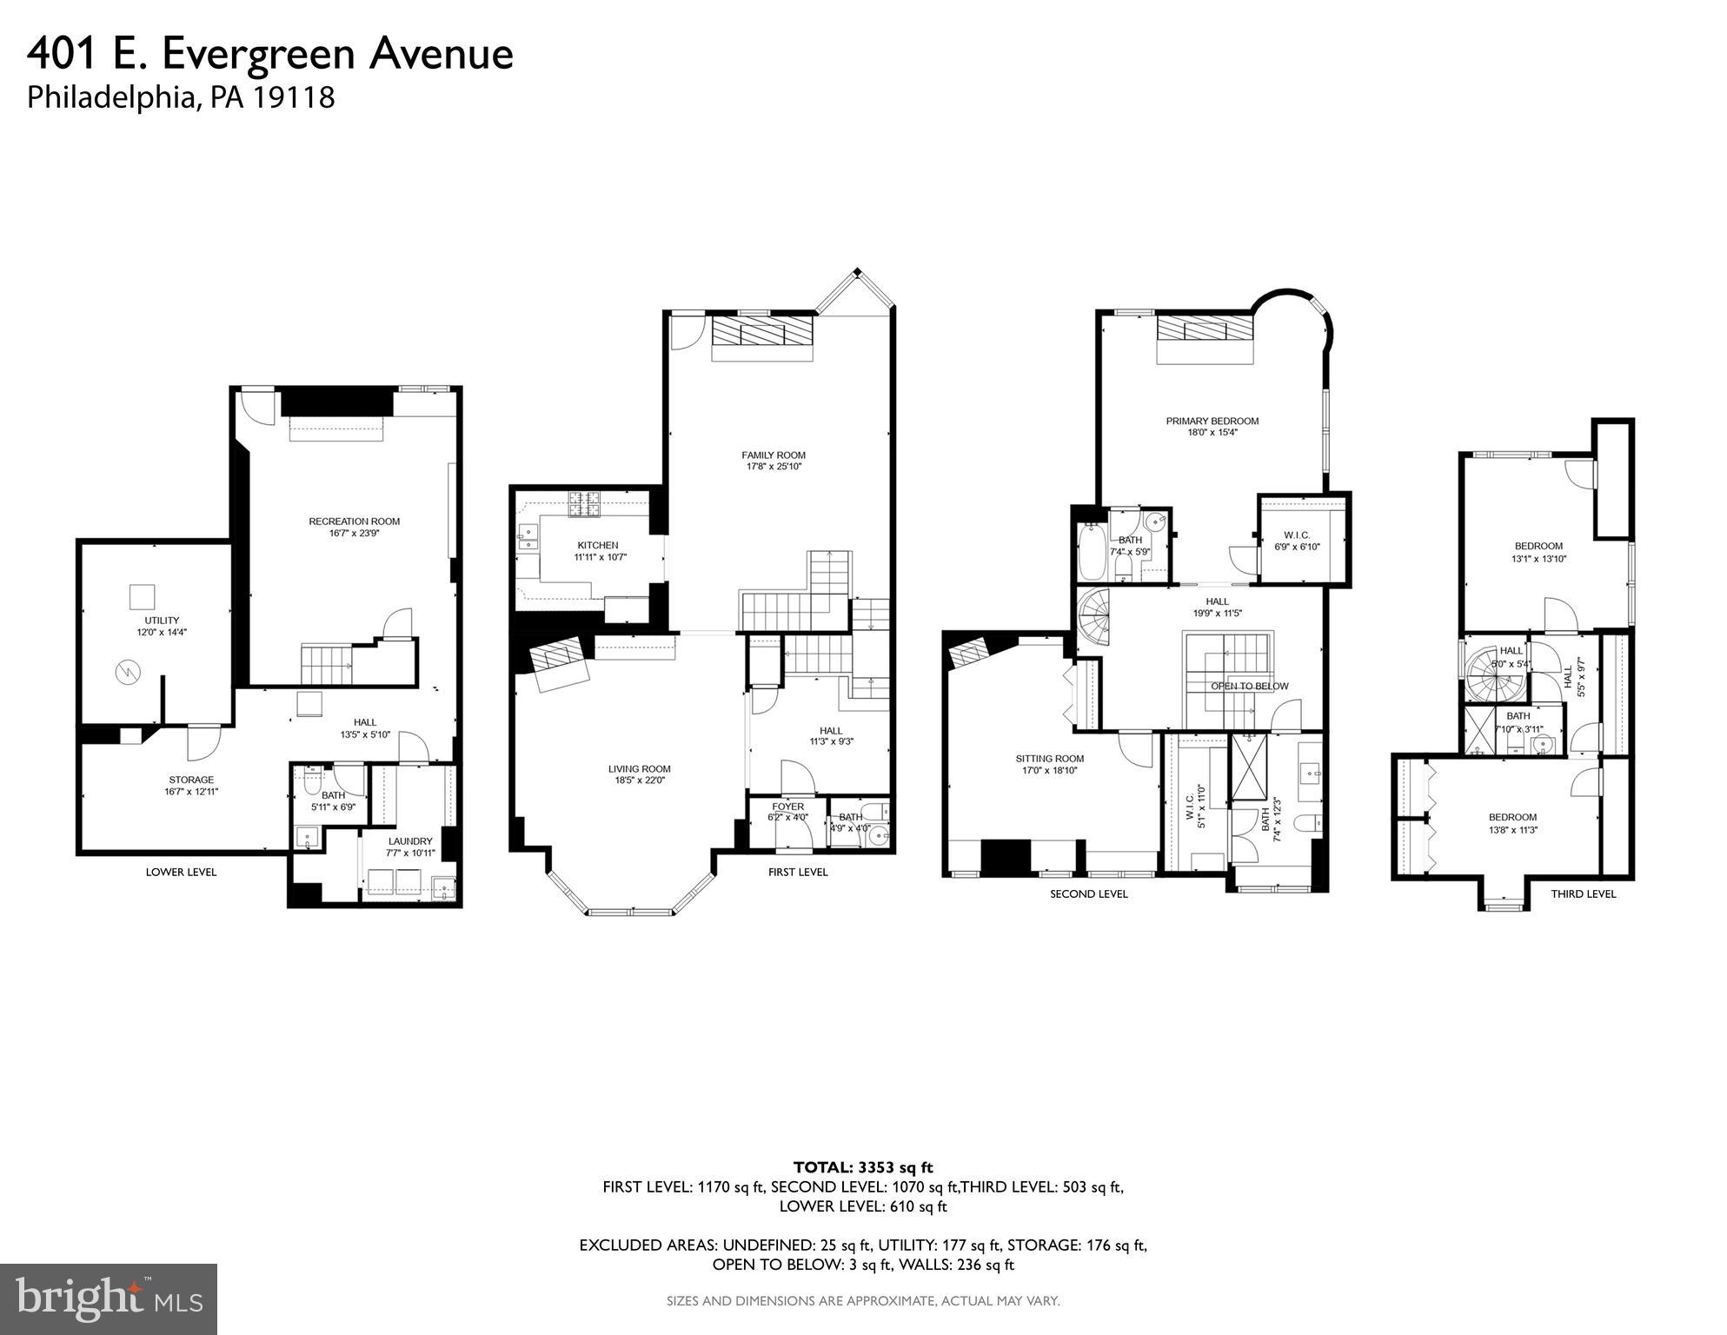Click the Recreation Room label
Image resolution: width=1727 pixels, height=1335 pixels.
354,521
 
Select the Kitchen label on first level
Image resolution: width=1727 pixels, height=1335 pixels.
597,545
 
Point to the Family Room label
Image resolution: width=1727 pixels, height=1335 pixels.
773,455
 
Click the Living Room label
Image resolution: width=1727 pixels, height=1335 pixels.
639,769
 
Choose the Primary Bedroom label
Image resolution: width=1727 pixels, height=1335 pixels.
1212,421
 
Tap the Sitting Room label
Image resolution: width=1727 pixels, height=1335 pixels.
1049,759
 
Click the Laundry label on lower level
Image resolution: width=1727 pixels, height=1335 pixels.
409,841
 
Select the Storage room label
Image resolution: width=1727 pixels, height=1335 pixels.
190,780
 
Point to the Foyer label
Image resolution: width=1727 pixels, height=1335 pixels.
787,807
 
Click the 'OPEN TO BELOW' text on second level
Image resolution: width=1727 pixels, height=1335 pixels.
1249,686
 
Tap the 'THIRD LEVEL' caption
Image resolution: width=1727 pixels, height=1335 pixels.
1583,893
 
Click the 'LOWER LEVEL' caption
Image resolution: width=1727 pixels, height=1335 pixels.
181,872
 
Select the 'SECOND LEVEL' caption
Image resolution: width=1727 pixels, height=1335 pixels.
1088,893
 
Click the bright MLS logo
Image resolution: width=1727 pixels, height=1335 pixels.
109,1298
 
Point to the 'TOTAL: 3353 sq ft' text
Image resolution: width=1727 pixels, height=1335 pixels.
862,1166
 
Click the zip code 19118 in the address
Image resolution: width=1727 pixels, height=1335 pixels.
294,96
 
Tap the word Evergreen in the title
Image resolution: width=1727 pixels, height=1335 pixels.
258,54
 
